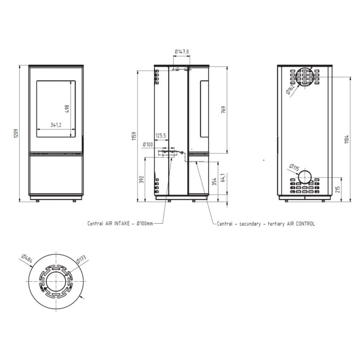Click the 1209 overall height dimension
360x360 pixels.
pyautogui.click(x=16, y=133)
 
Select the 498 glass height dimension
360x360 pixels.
pyautogui.click(x=67, y=109)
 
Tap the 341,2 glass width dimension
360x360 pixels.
pyautogui.click(x=56, y=125)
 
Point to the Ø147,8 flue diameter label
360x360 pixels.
pyautogui.click(x=182, y=51)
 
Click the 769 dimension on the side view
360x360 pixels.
pyautogui.click(x=223, y=109)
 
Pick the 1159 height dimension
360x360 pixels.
pyautogui.click(x=135, y=136)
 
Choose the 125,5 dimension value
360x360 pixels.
pyautogui.click(x=161, y=136)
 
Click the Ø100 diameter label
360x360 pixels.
pyautogui.click(x=148, y=144)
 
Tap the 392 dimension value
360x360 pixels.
pyautogui.click(x=142, y=179)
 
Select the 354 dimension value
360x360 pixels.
pyautogui.click(x=214, y=182)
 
